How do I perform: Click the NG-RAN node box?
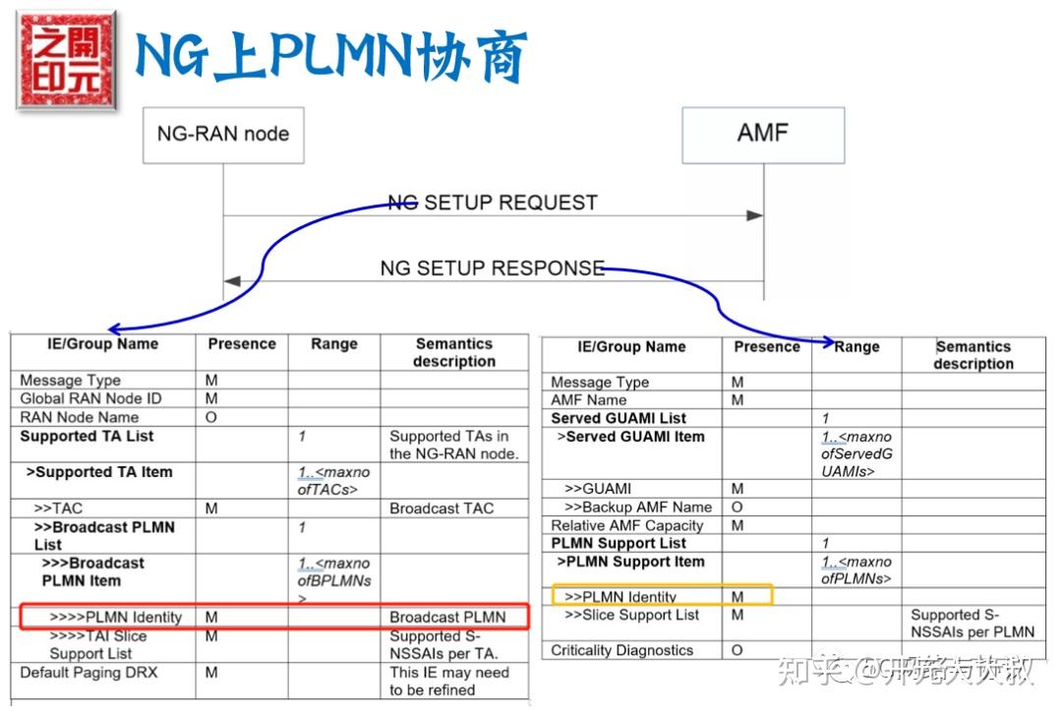[223, 134]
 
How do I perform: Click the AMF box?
[763, 133]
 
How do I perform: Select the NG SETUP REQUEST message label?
[493, 203]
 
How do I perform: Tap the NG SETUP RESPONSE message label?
[493, 268]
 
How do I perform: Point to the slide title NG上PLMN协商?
[330, 56]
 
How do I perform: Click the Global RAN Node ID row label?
[90, 398]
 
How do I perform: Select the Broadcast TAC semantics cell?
[442, 508]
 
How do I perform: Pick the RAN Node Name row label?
[80, 417]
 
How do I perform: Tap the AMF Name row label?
[589, 400]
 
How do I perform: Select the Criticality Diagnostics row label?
[621, 650]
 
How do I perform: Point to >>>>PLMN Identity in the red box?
[116, 617]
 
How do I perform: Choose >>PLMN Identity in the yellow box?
[620, 597]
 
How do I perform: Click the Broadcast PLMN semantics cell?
[447, 617]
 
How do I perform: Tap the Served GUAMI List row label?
[619, 418]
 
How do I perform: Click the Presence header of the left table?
[242, 344]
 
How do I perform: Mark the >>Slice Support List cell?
[632, 615]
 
